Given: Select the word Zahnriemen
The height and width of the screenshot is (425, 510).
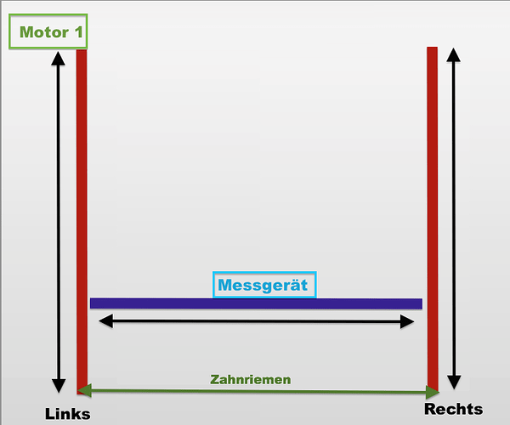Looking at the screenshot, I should pyautogui.click(x=251, y=380).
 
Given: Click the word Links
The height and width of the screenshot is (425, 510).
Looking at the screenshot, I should pyautogui.click(x=67, y=414).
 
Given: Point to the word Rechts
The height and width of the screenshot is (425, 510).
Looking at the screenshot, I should pyautogui.click(x=453, y=409).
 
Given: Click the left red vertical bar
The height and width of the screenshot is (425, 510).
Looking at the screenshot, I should pyautogui.click(x=82, y=212).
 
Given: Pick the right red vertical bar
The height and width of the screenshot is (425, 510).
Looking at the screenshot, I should pyautogui.click(x=432, y=212).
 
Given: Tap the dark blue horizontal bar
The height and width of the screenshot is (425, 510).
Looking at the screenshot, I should pyautogui.click(x=255, y=303).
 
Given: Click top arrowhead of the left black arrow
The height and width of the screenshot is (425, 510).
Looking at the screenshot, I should pyautogui.click(x=58, y=59).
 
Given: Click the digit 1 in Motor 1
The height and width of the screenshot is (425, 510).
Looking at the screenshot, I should pyautogui.click(x=77, y=33).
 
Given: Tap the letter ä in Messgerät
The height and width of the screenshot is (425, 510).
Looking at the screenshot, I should pyautogui.click(x=292, y=285).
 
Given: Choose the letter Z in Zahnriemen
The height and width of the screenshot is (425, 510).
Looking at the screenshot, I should pyautogui.click(x=215, y=380).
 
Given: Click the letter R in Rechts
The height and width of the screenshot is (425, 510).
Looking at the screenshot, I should pyautogui.click(x=430, y=409).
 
